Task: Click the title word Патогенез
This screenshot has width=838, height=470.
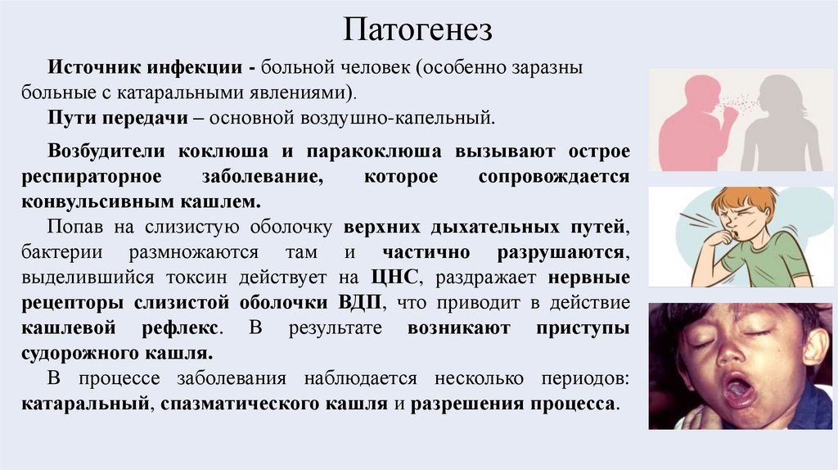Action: pyautogui.click(x=418, y=29)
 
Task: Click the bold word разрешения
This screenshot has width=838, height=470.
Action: pyautogui.click(x=461, y=404)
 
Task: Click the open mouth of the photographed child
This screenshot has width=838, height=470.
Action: pyautogui.click(x=738, y=389)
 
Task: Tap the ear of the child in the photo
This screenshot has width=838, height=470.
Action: pyautogui.click(x=814, y=344)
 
